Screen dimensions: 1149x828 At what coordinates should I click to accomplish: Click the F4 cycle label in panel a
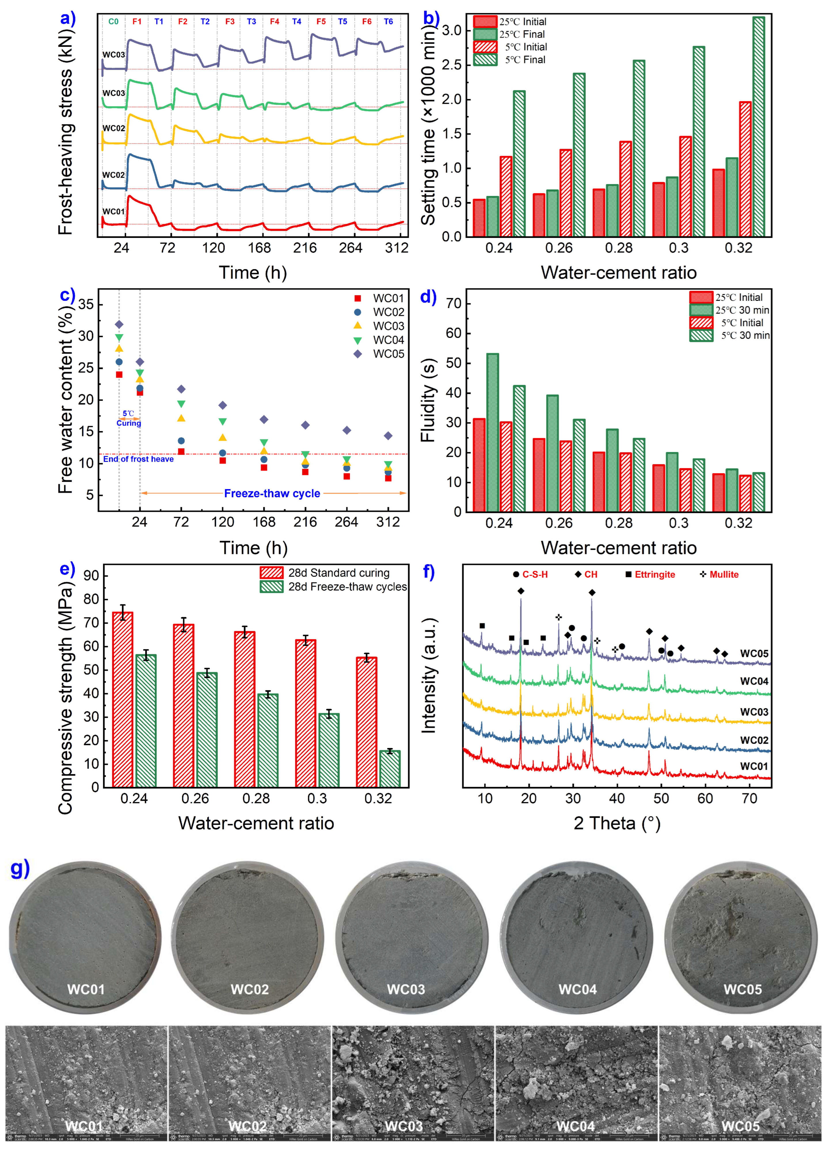(274, 21)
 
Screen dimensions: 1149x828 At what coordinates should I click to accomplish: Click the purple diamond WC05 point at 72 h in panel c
(181, 389)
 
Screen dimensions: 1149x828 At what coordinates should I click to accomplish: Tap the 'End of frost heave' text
(138, 459)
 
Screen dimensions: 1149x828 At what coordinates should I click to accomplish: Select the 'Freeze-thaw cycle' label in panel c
(272, 493)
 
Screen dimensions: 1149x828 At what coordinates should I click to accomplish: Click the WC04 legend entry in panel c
(388, 340)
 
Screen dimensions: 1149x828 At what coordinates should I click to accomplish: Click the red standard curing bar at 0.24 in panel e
(123, 699)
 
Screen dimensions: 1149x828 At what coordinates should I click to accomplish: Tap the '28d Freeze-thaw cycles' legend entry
(347, 587)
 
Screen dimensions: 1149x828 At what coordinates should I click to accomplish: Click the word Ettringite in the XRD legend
(655, 574)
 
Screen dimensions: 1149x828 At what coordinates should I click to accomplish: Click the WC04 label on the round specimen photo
(577, 989)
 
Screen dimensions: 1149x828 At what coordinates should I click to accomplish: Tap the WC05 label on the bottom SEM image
(740, 1126)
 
